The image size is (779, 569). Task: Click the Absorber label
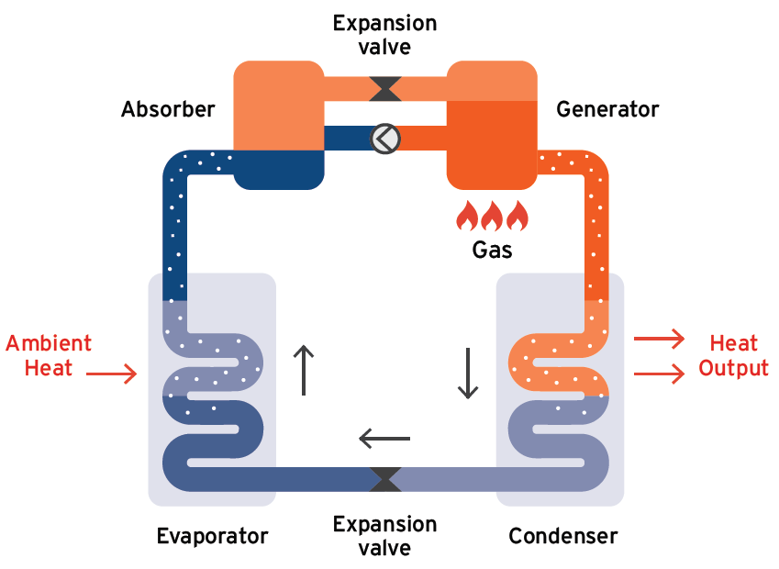point(168,110)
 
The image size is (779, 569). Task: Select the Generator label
point(607,110)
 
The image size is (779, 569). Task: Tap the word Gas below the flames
point(492,250)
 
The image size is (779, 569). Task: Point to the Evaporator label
point(212,536)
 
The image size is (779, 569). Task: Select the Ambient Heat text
point(49,356)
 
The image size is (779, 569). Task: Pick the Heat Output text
point(733,356)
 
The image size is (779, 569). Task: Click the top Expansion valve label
point(384,35)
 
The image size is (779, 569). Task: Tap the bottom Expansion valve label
point(384,536)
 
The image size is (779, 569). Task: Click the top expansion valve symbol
point(384,88)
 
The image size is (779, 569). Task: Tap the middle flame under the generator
point(493,216)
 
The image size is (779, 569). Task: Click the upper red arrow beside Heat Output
point(659,340)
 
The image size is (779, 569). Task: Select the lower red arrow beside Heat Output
point(659,374)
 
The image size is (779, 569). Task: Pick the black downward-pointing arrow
point(468,373)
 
